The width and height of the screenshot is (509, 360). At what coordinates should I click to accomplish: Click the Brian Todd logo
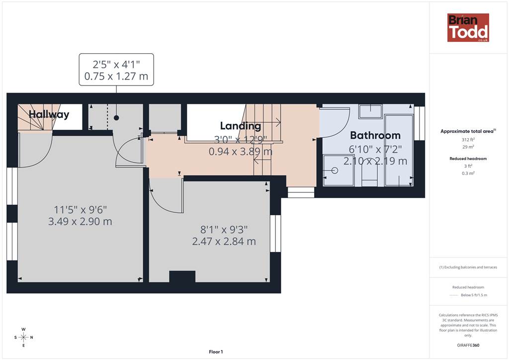tap(468, 27)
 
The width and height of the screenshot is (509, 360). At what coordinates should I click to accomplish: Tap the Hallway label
tap(49, 114)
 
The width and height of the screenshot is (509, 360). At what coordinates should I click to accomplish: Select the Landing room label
tap(241, 126)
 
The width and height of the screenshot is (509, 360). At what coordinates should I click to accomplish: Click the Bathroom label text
tap(375, 135)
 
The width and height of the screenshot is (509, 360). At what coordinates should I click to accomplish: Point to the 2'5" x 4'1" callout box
tap(116, 70)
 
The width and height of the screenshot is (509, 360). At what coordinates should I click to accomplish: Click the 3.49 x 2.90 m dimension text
tap(80, 222)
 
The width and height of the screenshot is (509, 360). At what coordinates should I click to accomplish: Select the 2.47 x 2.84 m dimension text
tap(224, 242)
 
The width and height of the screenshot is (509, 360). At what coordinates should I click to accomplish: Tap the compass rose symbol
tap(23, 337)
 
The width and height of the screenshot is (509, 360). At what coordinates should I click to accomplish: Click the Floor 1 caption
tap(216, 352)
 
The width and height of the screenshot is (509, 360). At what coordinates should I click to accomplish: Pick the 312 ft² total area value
tap(468, 140)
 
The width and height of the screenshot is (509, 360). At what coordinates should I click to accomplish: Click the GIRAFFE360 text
tap(468, 345)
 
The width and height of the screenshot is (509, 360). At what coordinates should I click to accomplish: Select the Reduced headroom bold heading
tap(468, 159)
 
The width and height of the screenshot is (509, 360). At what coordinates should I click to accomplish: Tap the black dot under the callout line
tap(116, 118)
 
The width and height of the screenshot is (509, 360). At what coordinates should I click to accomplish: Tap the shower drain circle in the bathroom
tap(335, 171)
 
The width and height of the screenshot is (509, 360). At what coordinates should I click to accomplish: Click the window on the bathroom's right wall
tap(420, 123)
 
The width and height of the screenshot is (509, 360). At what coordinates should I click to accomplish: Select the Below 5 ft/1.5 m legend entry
tap(468, 295)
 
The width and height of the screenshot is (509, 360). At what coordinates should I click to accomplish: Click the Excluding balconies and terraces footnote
tap(468, 267)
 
